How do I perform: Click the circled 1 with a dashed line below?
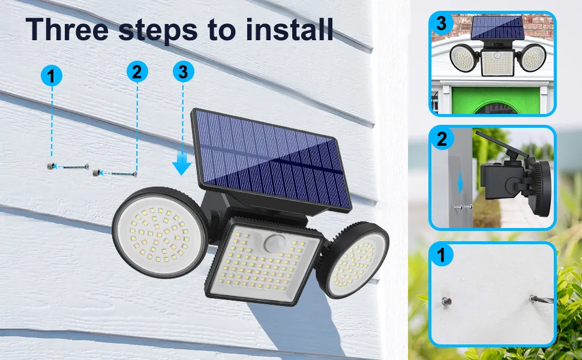pyautogui.click(x=52, y=76)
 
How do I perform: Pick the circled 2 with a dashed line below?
pyautogui.click(x=137, y=72)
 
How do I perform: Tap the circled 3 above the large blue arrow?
pyautogui.click(x=183, y=72)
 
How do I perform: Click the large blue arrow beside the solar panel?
pyautogui.click(x=182, y=164)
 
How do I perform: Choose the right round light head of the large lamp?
pyautogui.click(x=354, y=261)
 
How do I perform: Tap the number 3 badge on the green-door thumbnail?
pyautogui.click(x=442, y=24)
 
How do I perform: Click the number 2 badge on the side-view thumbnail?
pyautogui.click(x=442, y=139)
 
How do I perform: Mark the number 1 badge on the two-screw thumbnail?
pyautogui.click(x=442, y=256)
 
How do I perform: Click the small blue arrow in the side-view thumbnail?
pyautogui.click(x=460, y=183)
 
